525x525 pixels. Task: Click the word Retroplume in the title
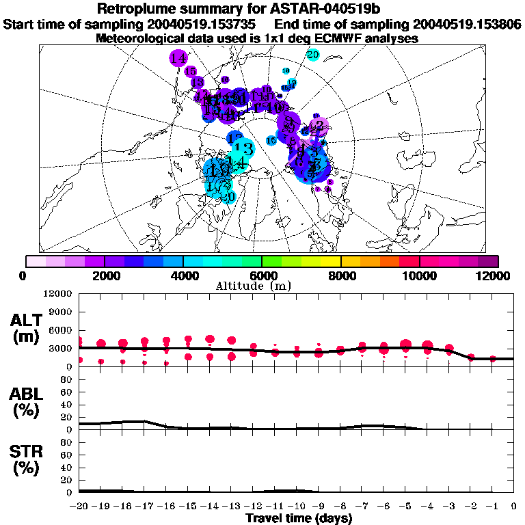pos(141,9)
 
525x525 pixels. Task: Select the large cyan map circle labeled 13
pos(243,148)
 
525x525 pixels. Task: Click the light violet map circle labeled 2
pos(319,125)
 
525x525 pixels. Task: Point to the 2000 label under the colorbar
pos(104,275)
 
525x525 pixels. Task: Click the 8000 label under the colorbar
pos(341,275)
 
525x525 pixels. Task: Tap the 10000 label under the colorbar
pos(419,275)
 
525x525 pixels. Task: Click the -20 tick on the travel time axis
pos(79,507)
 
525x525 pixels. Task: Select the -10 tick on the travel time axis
pos(296,507)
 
